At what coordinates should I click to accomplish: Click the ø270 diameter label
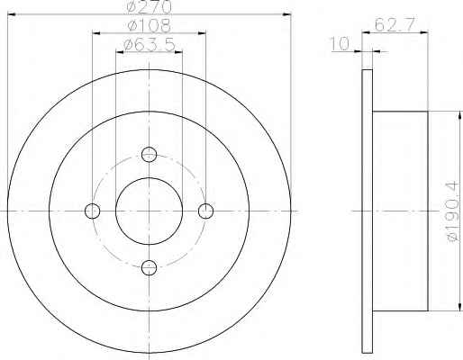149,6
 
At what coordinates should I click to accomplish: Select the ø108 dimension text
150,25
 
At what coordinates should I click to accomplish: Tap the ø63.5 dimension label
150,45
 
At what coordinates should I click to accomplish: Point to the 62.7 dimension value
395,24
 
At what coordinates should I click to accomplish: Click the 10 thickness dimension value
340,44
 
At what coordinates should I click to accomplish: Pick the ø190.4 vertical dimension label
453,211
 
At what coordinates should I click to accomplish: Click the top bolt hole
149,155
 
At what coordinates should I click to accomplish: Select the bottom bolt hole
149,267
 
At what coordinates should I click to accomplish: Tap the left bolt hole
93,211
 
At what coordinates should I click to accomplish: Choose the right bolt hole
205,211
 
